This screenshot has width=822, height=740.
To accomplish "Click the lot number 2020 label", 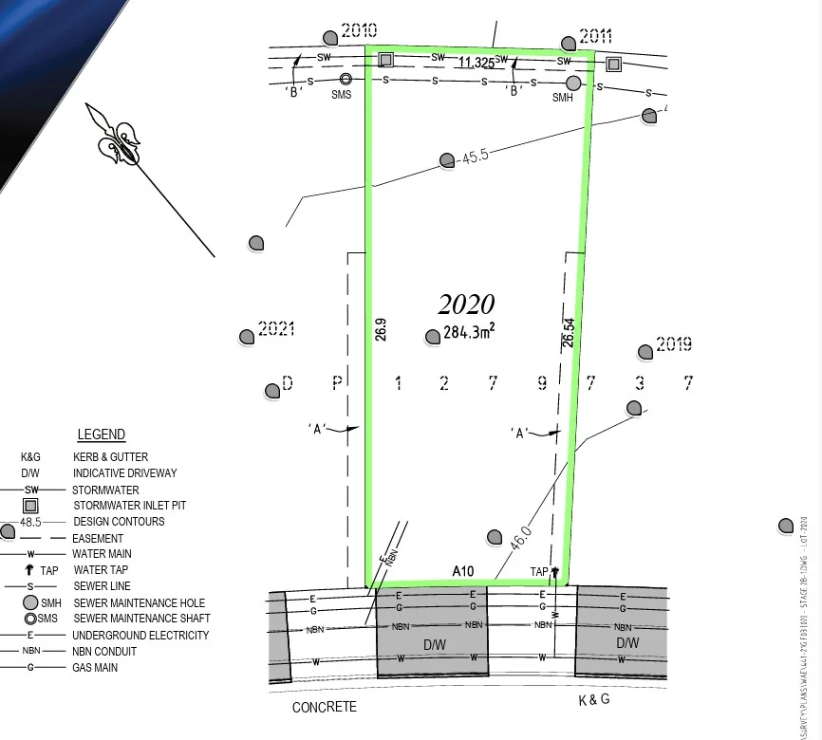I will click(466, 305).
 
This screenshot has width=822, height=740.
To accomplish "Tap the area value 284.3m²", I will click(469, 332).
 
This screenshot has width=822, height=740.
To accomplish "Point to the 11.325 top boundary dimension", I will click(476, 64).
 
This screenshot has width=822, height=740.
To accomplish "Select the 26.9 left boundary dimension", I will click(381, 329).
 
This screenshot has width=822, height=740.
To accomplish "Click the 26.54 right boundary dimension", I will click(569, 333).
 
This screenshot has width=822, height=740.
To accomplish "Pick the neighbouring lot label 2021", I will click(276, 329).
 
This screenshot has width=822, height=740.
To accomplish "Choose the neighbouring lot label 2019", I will click(673, 344).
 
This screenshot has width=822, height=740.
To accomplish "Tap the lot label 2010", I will click(359, 30).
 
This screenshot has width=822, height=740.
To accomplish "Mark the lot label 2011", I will click(595, 37).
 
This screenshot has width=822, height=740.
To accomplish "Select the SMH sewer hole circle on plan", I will click(573, 83).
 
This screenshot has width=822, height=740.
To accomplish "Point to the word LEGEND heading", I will click(101, 435).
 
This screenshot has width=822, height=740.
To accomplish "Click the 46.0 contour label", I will click(520, 538).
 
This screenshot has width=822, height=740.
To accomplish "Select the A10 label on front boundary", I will click(463, 571).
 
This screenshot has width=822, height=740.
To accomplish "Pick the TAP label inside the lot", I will click(539, 572).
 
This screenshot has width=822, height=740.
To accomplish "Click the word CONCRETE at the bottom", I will click(325, 707).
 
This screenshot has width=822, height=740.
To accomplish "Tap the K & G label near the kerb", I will click(594, 700).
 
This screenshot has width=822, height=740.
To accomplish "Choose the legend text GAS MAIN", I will click(96, 668).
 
